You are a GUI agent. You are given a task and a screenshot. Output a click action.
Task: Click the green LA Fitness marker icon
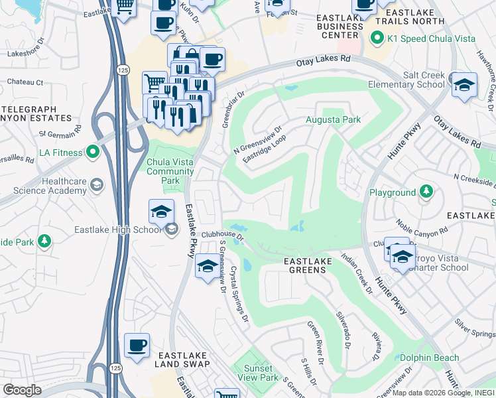(x=92, y=153)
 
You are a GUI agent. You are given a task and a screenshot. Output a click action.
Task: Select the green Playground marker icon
(x=427, y=192)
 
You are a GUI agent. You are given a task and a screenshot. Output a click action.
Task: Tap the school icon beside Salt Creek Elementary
(x=464, y=85)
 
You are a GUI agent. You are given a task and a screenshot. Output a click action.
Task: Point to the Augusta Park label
(x=333, y=120)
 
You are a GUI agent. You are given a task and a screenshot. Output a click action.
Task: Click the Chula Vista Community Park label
(x=170, y=171)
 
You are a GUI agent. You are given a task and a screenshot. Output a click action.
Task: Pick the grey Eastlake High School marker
(x=172, y=230)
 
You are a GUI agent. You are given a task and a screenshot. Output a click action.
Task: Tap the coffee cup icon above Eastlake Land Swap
(x=137, y=346)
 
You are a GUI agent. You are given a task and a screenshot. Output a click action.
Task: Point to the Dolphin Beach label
(x=429, y=358)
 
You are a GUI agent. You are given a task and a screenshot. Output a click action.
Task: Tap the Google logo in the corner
(x=22, y=390)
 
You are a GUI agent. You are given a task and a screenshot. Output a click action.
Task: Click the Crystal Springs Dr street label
(x=239, y=295)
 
